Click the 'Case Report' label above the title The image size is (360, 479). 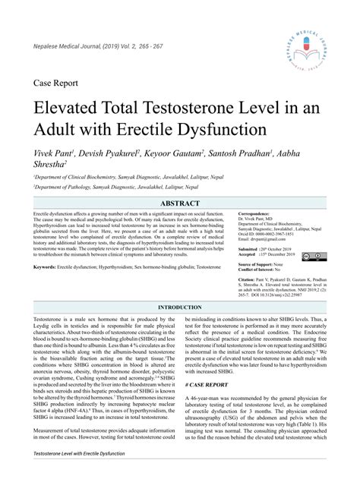[x=57, y=80]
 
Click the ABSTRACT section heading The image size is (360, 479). [x=180, y=204]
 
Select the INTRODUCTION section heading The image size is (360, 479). [x=180, y=286]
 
